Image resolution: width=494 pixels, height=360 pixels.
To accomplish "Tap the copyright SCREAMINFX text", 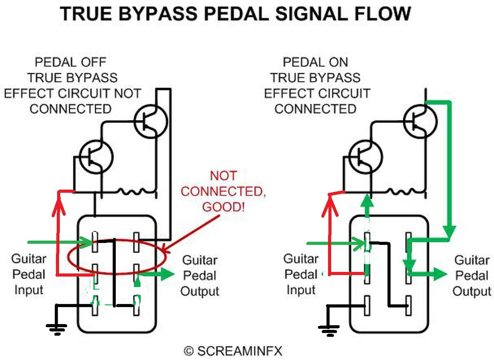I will (x=233, y=351).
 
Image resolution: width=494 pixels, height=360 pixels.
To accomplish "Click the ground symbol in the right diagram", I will (x=328, y=329).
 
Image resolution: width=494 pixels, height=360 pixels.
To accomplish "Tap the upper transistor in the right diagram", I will (x=420, y=121).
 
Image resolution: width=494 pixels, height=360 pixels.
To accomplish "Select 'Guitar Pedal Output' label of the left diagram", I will (x=200, y=275).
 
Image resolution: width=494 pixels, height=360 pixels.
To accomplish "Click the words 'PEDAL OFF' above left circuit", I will (x=70, y=62).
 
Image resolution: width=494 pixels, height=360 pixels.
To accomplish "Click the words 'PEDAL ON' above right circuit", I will (x=315, y=62).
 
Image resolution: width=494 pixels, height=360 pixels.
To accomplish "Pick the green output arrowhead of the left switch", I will (x=167, y=275).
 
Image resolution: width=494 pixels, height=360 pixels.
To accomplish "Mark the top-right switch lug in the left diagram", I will (x=136, y=242).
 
